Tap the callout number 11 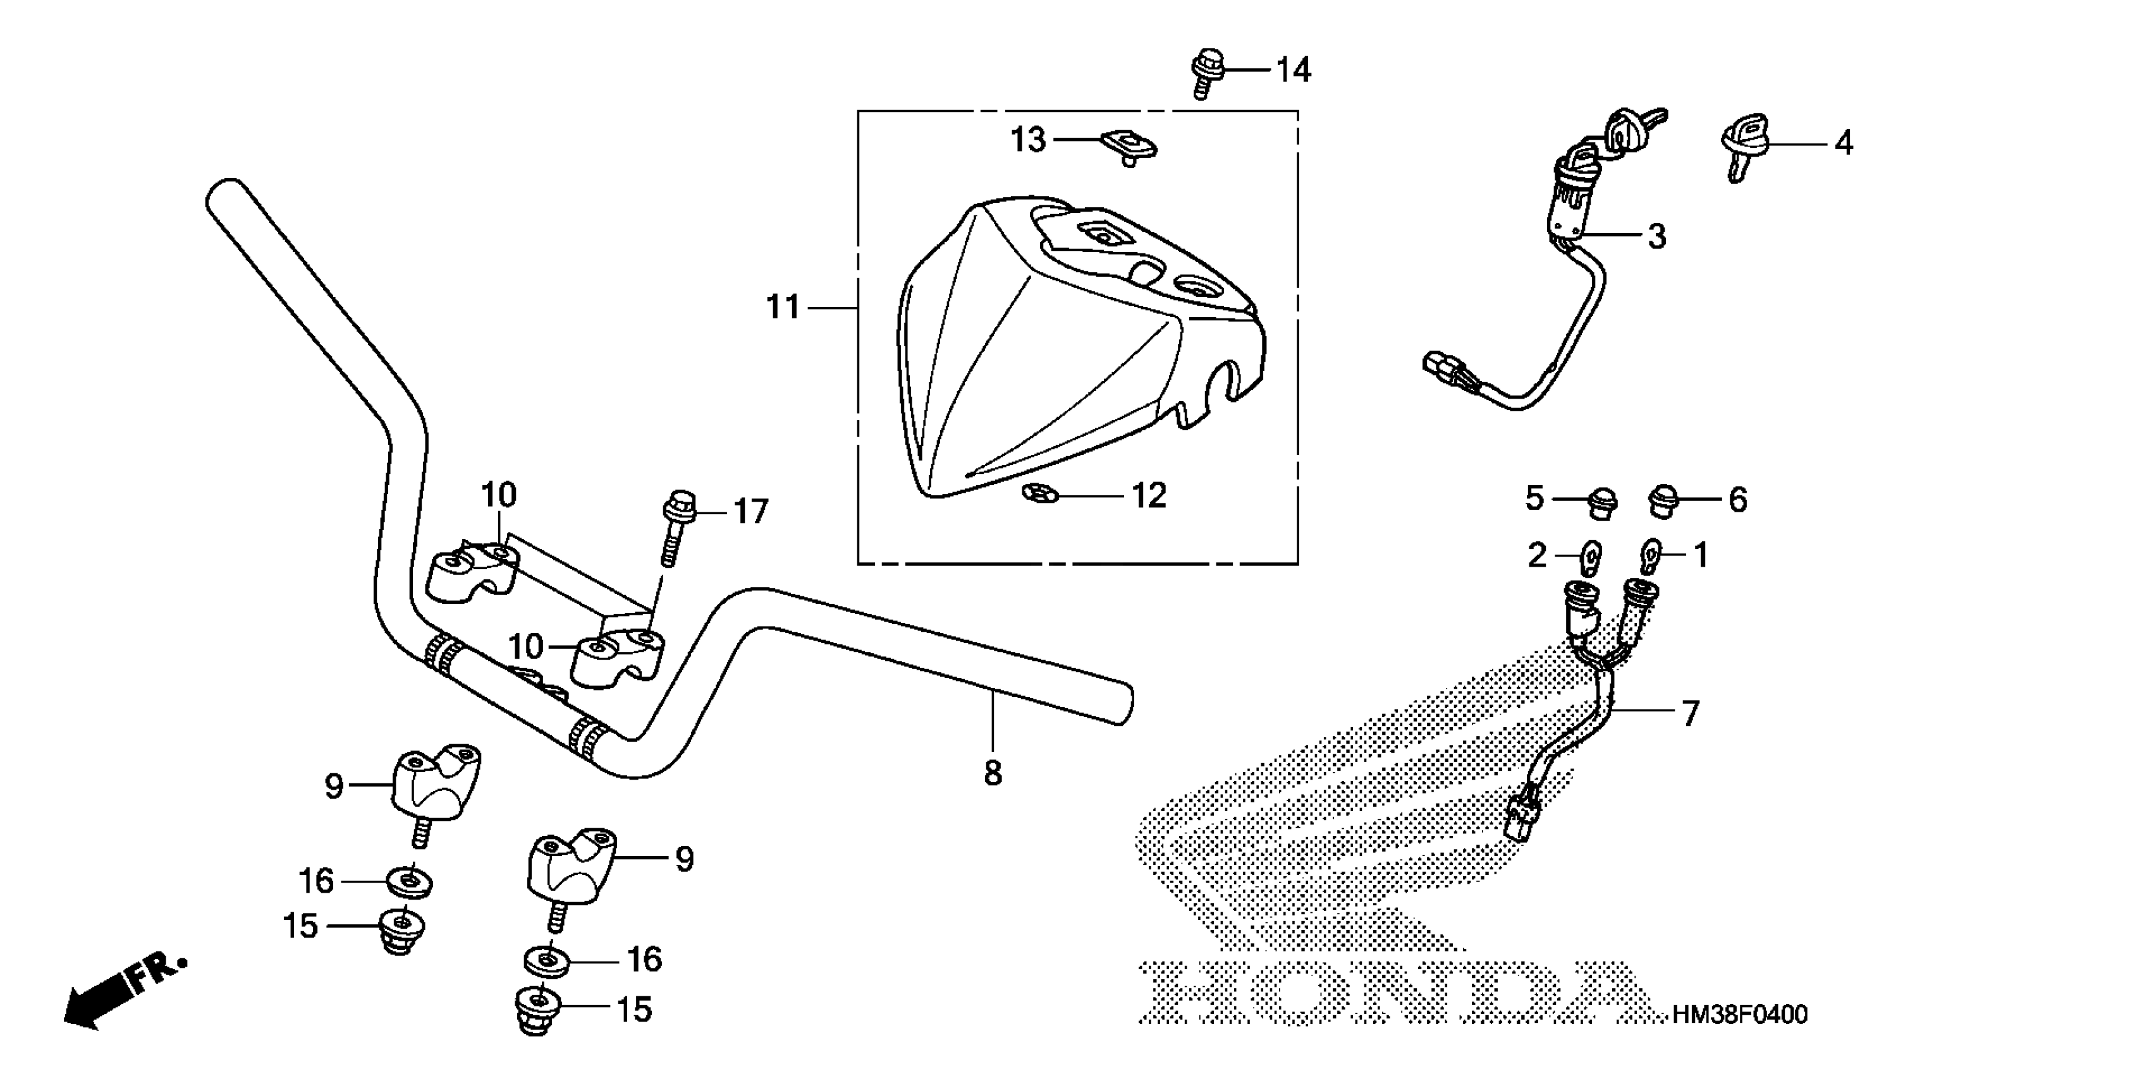[x=783, y=308]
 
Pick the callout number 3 [x=1656, y=236]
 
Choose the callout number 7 [x=1691, y=714]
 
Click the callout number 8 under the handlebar [x=993, y=774]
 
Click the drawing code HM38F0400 [x=1739, y=1015]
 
